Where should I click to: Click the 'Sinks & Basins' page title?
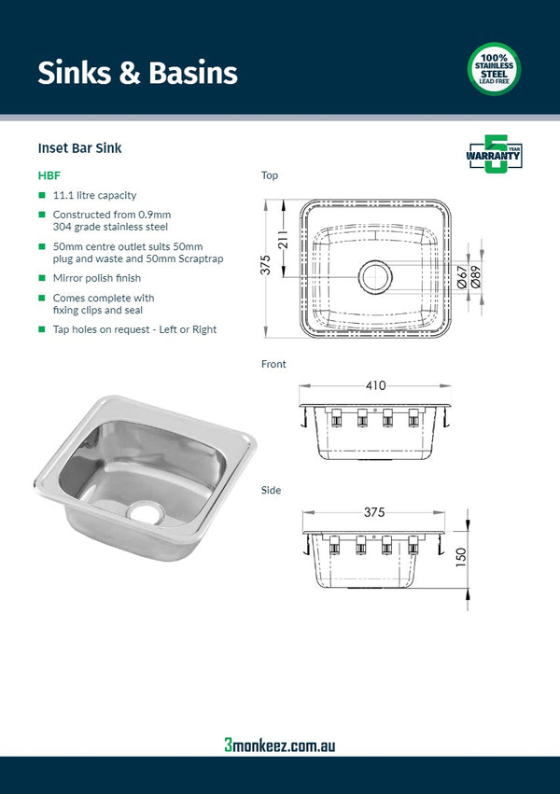[137, 73]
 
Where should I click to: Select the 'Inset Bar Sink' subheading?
[79, 147]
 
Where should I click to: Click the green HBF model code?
[49, 174]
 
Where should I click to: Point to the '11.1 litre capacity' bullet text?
[95, 196]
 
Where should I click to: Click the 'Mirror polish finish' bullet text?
[97, 278]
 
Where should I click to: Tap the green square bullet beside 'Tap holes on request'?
[42, 329]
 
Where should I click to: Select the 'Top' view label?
[270, 175]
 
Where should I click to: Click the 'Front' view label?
[273, 365]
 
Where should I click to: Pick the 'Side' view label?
[271, 490]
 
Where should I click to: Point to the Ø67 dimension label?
[462, 276]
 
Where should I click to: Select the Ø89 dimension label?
[477, 276]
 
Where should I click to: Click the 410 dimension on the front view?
[375, 385]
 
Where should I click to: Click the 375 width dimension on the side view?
[375, 512]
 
